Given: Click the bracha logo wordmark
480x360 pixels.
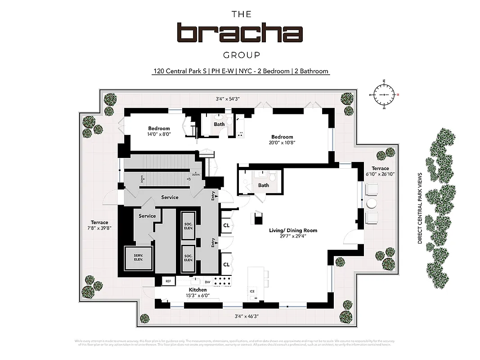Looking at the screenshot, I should point(240,33).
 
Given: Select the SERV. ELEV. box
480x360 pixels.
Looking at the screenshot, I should point(138,258).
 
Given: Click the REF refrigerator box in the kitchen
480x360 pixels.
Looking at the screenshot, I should point(168,281).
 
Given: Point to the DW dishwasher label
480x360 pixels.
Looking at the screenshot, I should point(208,282).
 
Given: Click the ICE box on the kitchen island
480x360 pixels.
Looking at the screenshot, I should point(252,291).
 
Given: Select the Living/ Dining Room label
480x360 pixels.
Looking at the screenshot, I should point(293,230).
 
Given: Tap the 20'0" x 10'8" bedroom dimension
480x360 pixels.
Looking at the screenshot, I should point(282,143).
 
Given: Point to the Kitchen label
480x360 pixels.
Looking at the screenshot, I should point(197,290).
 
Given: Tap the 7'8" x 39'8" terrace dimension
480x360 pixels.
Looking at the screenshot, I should point(99,228).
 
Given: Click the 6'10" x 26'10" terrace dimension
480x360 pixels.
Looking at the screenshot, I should point(380,174).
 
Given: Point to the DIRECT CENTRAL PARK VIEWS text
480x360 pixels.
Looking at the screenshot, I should point(419,208).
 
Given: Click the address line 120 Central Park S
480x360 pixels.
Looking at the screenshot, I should point(240,71).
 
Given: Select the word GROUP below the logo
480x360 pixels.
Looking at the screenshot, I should point(241,55).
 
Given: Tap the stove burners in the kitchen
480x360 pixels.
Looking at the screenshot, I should point(223,281).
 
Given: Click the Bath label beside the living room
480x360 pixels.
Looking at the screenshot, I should point(264,185).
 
